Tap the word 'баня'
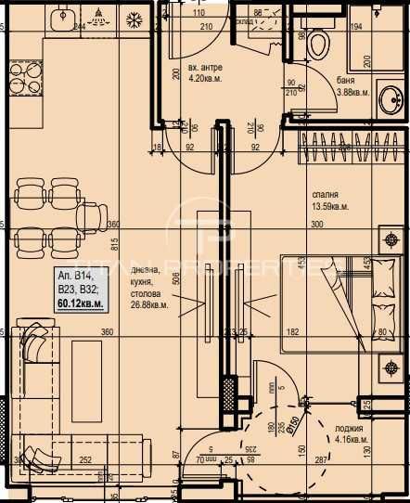(x=345, y=80)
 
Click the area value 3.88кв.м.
(x=352, y=92)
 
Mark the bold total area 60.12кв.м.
(x=80, y=303)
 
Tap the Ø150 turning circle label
(x=293, y=424)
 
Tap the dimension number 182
(x=293, y=332)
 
